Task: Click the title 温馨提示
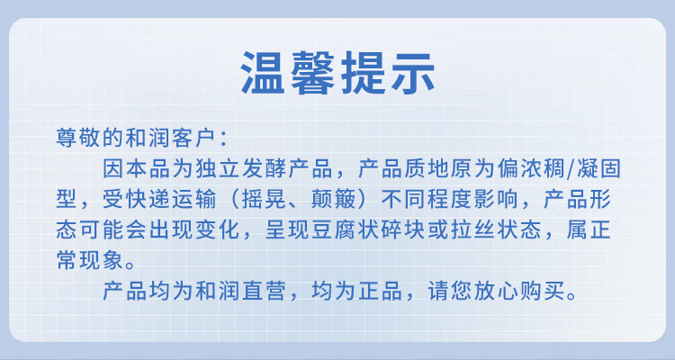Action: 337,72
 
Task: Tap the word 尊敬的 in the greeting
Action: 89,138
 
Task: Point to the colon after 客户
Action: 223,139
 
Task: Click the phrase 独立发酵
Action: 241,168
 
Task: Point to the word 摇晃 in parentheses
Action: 264,199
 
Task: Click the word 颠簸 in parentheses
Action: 333,199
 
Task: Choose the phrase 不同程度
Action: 426,199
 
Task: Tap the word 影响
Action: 496,199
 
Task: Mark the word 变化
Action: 217,229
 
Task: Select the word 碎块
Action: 403,229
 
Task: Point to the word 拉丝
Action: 472,229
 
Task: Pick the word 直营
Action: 264,291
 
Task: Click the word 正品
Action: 380,291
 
